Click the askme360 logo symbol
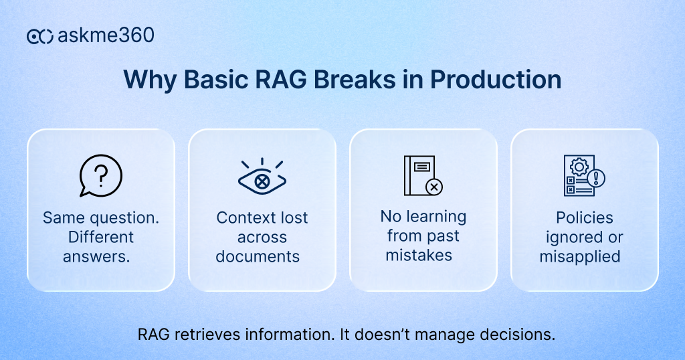[39, 36]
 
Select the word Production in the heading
[496, 80]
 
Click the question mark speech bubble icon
[100, 176]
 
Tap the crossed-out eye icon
[262, 177]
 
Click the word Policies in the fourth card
[584, 218]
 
